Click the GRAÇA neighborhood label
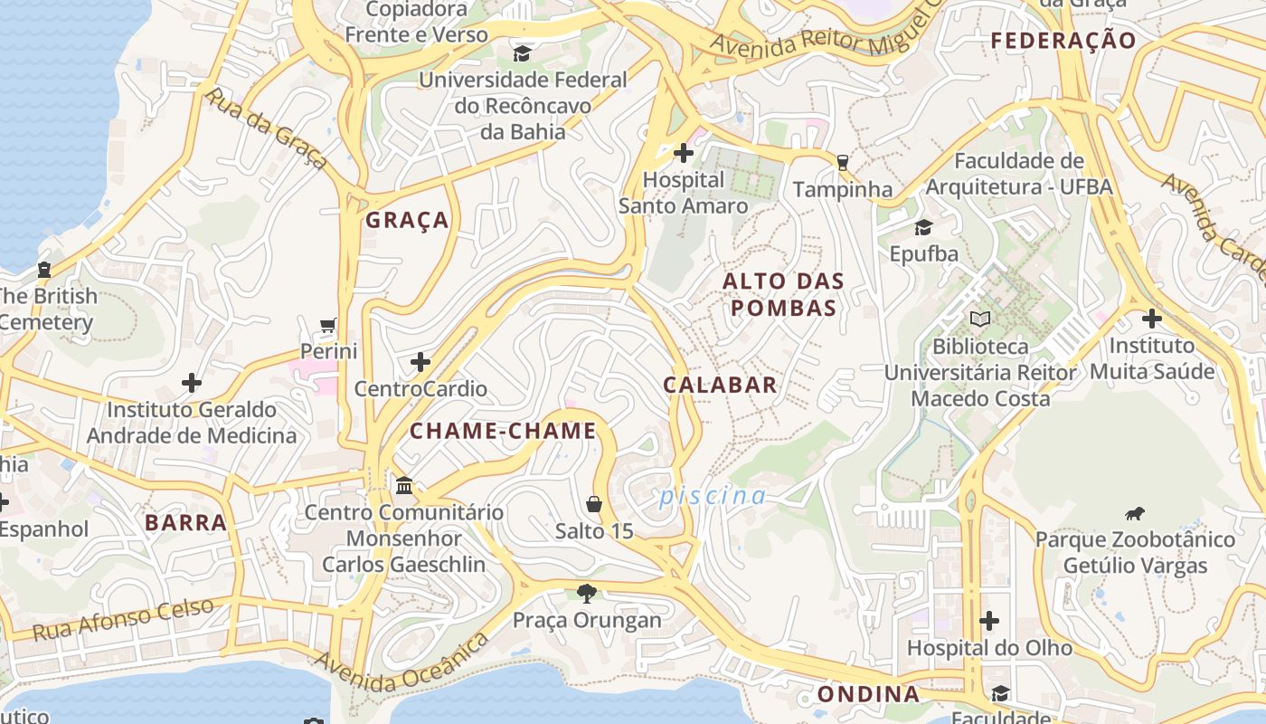click(x=407, y=220)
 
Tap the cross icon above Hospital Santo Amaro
click(x=684, y=153)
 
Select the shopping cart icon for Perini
click(x=328, y=325)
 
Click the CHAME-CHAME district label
click(x=503, y=431)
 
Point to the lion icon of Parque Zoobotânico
click(x=1135, y=514)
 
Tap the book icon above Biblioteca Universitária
click(x=980, y=319)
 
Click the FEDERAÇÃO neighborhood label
click(x=1063, y=41)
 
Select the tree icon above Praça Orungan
click(x=587, y=594)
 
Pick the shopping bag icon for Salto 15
click(x=594, y=504)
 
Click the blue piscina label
click(x=713, y=496)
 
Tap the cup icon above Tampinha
click(x=843, y=163)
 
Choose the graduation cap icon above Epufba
click(x=923, y=227)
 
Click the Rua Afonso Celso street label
click(x=123, y=619)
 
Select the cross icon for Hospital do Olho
click(x=989, y=621)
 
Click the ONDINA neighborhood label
click(x=868, y=694)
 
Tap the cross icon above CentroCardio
click(x=420, y=363)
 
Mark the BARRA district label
click(x=185, y=522)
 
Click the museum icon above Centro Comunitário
click(x=404, y=486)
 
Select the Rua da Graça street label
click(x=266, y=129)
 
